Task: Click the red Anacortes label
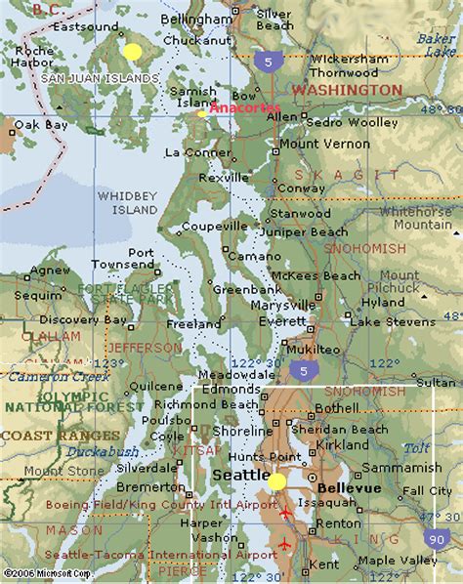(x=244, y=107)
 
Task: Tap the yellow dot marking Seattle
(x=277, y=480)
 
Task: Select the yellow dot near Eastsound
(x=132, y=51)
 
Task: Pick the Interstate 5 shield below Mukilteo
(x=306, y=370)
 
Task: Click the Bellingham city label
(x=196, y=20)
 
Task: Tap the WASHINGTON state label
(x=347, y=89)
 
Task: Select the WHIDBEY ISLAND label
(x=127, y=202)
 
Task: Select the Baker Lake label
(x=436, y=44)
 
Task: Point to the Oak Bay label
(x=40, y=125)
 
